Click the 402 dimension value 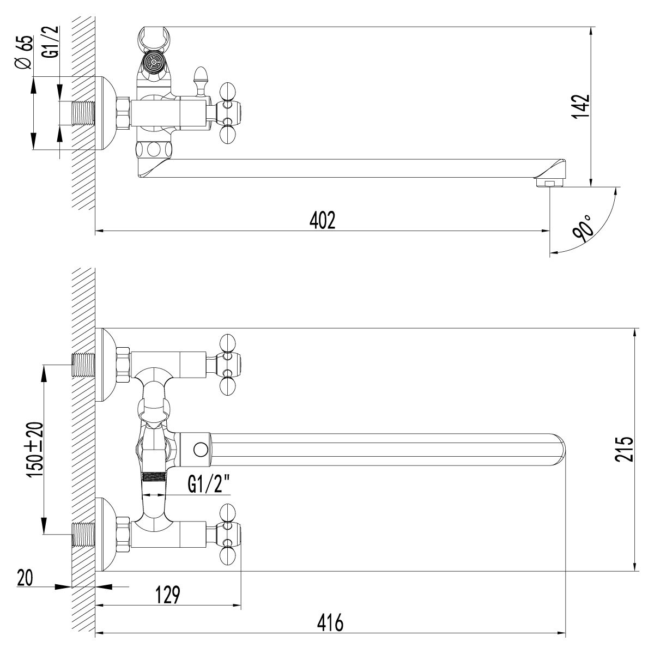point(322,220)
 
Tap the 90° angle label point(584,228)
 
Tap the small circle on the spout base point(200,450)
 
